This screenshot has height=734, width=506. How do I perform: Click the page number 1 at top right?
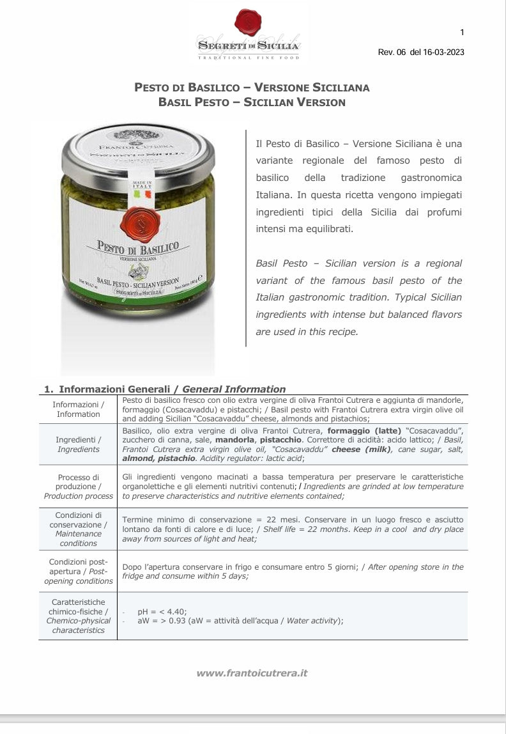pyautogui.click(x=462, y=33)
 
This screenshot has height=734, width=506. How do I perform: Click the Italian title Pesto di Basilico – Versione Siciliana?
pyautogui.click(x=252, y=88)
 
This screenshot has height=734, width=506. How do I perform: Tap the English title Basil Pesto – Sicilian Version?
pyautogui.click(x=252, y=102)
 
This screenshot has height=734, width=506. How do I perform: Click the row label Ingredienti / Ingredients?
pyautogui.click(x=78, y=444)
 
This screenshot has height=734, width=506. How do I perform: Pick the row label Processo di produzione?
pyautogui.click(x=78, y=487)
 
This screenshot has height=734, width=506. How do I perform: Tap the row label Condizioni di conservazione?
pyautogui.click(x=78, y=529)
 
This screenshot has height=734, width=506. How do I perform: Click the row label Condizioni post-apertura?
pyautogui.click(x=78, y=571)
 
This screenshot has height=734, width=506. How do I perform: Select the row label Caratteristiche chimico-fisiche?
pyautogui.click(x=78, y=616)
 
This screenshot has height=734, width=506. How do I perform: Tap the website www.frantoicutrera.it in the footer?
pyautogui.click(x=252, y=673)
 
